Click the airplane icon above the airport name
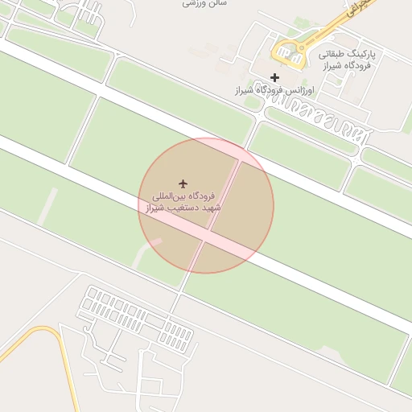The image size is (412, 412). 183,184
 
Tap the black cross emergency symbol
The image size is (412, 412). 275,77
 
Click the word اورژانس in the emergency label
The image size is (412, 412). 291,91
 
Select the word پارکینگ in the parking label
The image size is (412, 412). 360,54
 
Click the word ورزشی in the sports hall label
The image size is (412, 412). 194,3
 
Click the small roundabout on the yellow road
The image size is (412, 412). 300,47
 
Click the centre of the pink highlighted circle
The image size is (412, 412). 206,205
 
